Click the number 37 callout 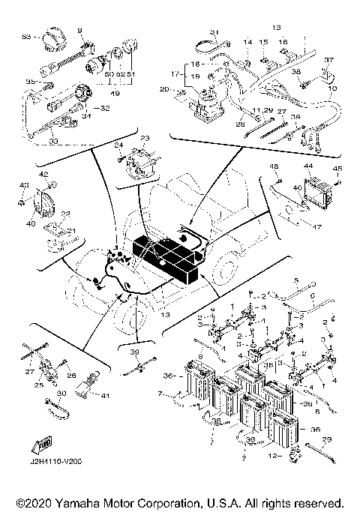coord(327,60)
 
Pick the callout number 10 coord(332,88)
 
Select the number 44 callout coord(308,165)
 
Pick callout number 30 coord(62,394)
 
